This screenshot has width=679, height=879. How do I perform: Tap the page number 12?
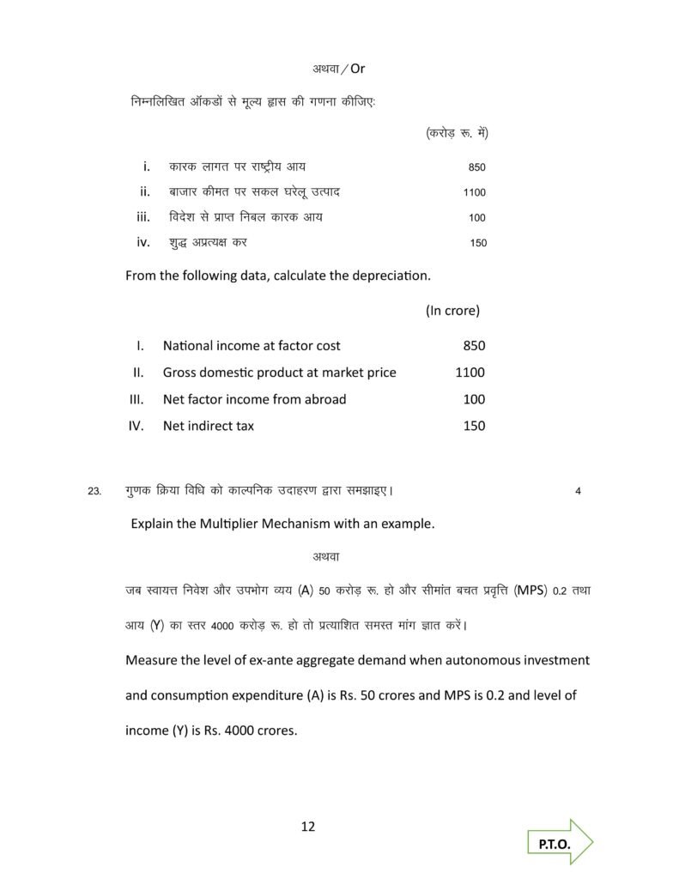click(308, 827)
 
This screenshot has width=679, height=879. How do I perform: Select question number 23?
click(94, 492)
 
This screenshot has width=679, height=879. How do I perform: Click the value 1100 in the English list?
click(470, 373)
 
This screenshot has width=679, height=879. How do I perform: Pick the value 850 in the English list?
click(474, 346)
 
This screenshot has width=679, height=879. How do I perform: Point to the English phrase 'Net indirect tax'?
click(209, 426)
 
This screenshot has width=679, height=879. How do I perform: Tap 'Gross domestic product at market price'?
click(279, 373)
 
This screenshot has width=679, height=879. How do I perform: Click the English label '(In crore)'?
click(452, 310)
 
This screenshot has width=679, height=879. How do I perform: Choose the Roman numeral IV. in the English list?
click(136, 426)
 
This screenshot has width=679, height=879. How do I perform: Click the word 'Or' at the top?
click(357, 68)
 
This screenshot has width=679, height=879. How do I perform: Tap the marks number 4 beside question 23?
click(578, 492)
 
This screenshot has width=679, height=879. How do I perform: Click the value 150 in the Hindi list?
click(478, 243)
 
